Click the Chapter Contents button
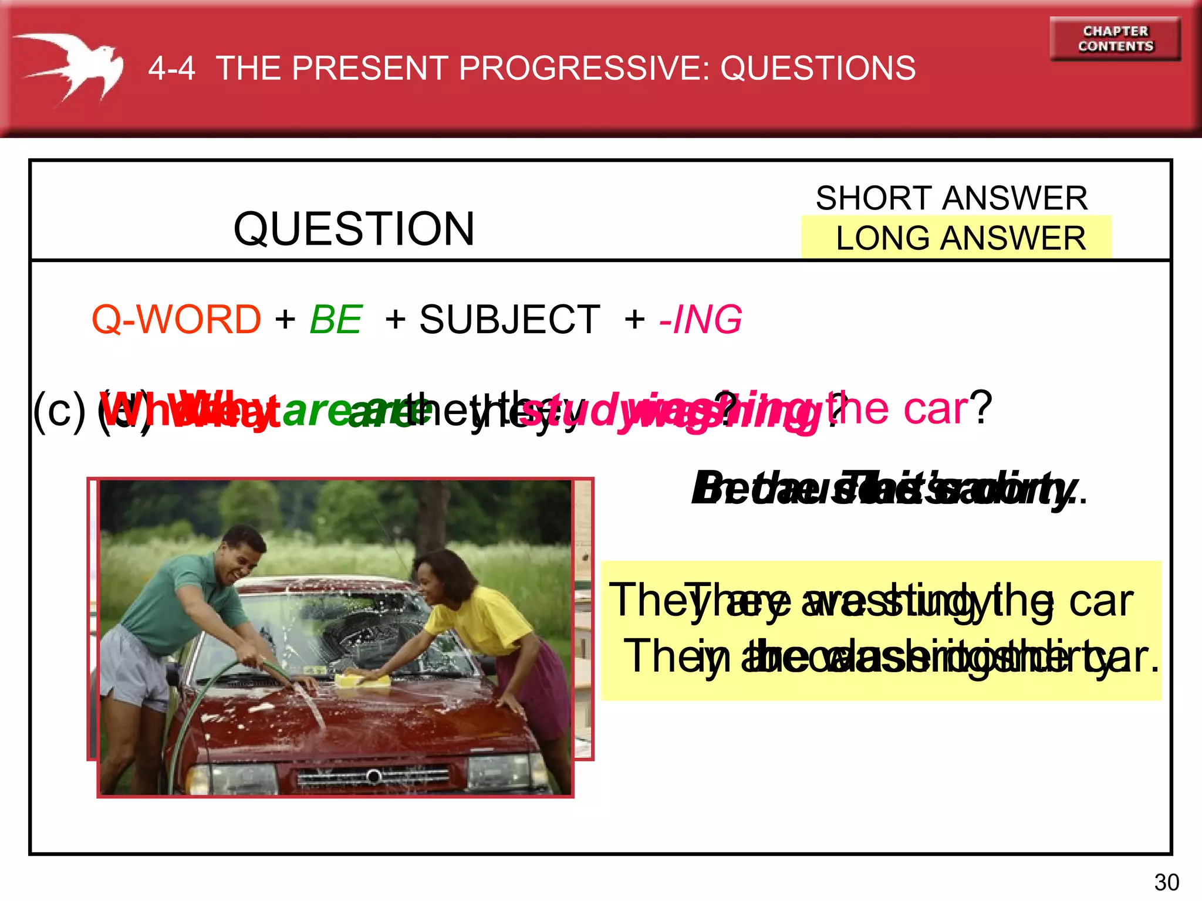[x=1115, y=39]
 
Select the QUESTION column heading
[x=353, y=229]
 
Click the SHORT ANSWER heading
[x=951, y=198]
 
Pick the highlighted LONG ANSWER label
[x=961, y=238]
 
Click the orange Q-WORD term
[x=176, y=320]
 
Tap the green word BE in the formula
[x=336, y=320]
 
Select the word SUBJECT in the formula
[x=509, y=320]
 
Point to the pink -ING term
[x=701, y=320]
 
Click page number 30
[x=1166, y=882]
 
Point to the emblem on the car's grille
[x=373, y=777]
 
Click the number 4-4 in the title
[x=171, y=68]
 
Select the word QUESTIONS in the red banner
[x=818, y=68]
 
